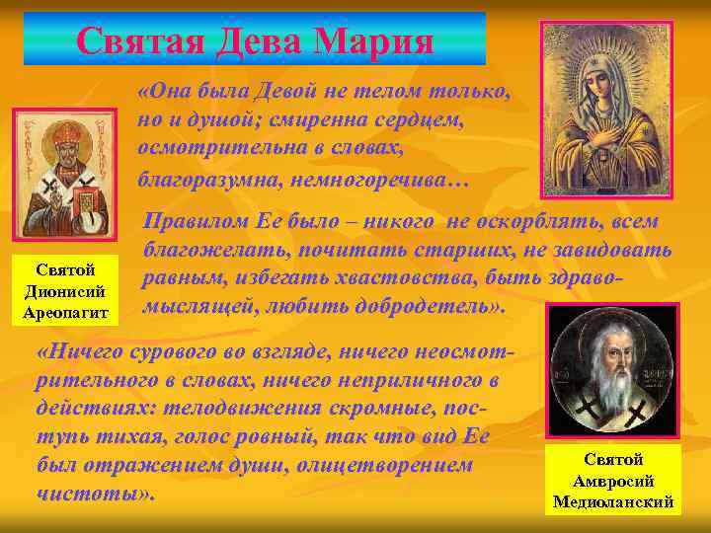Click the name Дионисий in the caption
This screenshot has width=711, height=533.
pos(64,291)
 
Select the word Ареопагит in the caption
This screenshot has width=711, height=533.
pos(64,313)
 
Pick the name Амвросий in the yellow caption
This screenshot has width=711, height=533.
pos(613,481)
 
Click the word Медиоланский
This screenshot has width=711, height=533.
pos(613,501)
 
